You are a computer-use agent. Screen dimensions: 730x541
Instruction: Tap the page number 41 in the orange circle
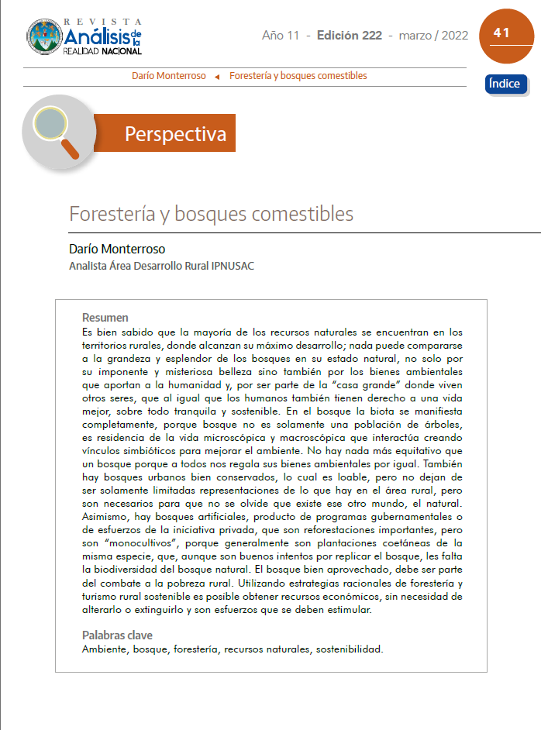[x=501, y=33]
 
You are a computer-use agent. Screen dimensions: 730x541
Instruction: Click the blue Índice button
[x=505, y=84]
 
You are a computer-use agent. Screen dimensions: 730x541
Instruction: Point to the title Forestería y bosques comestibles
[x=211, y=213]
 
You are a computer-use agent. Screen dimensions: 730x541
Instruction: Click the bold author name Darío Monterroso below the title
[x=117, y=250]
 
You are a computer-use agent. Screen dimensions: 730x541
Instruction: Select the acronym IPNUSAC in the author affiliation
[x=230, y=266]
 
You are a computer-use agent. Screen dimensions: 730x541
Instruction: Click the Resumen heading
[x=105, y=318]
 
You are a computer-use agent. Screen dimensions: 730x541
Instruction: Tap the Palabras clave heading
[x=117, y=635]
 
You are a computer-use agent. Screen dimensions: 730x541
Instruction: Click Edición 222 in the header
[x=349, y=36]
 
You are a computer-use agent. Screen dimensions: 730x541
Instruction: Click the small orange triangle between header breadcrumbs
[x=217, y=77]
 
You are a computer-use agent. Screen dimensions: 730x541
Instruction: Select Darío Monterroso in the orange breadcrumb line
[x=169, y=76]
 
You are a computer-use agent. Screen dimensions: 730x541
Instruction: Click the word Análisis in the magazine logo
[x=97, y=36]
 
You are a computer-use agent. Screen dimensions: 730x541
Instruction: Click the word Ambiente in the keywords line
[x=105, y=649]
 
